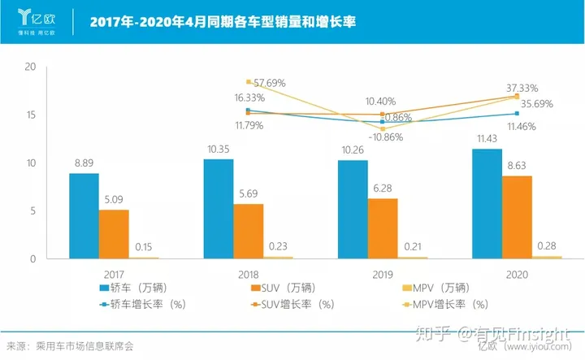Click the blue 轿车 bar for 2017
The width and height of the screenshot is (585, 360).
84,216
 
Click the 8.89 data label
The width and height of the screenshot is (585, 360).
84,163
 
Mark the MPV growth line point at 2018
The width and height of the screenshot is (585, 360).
248,81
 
